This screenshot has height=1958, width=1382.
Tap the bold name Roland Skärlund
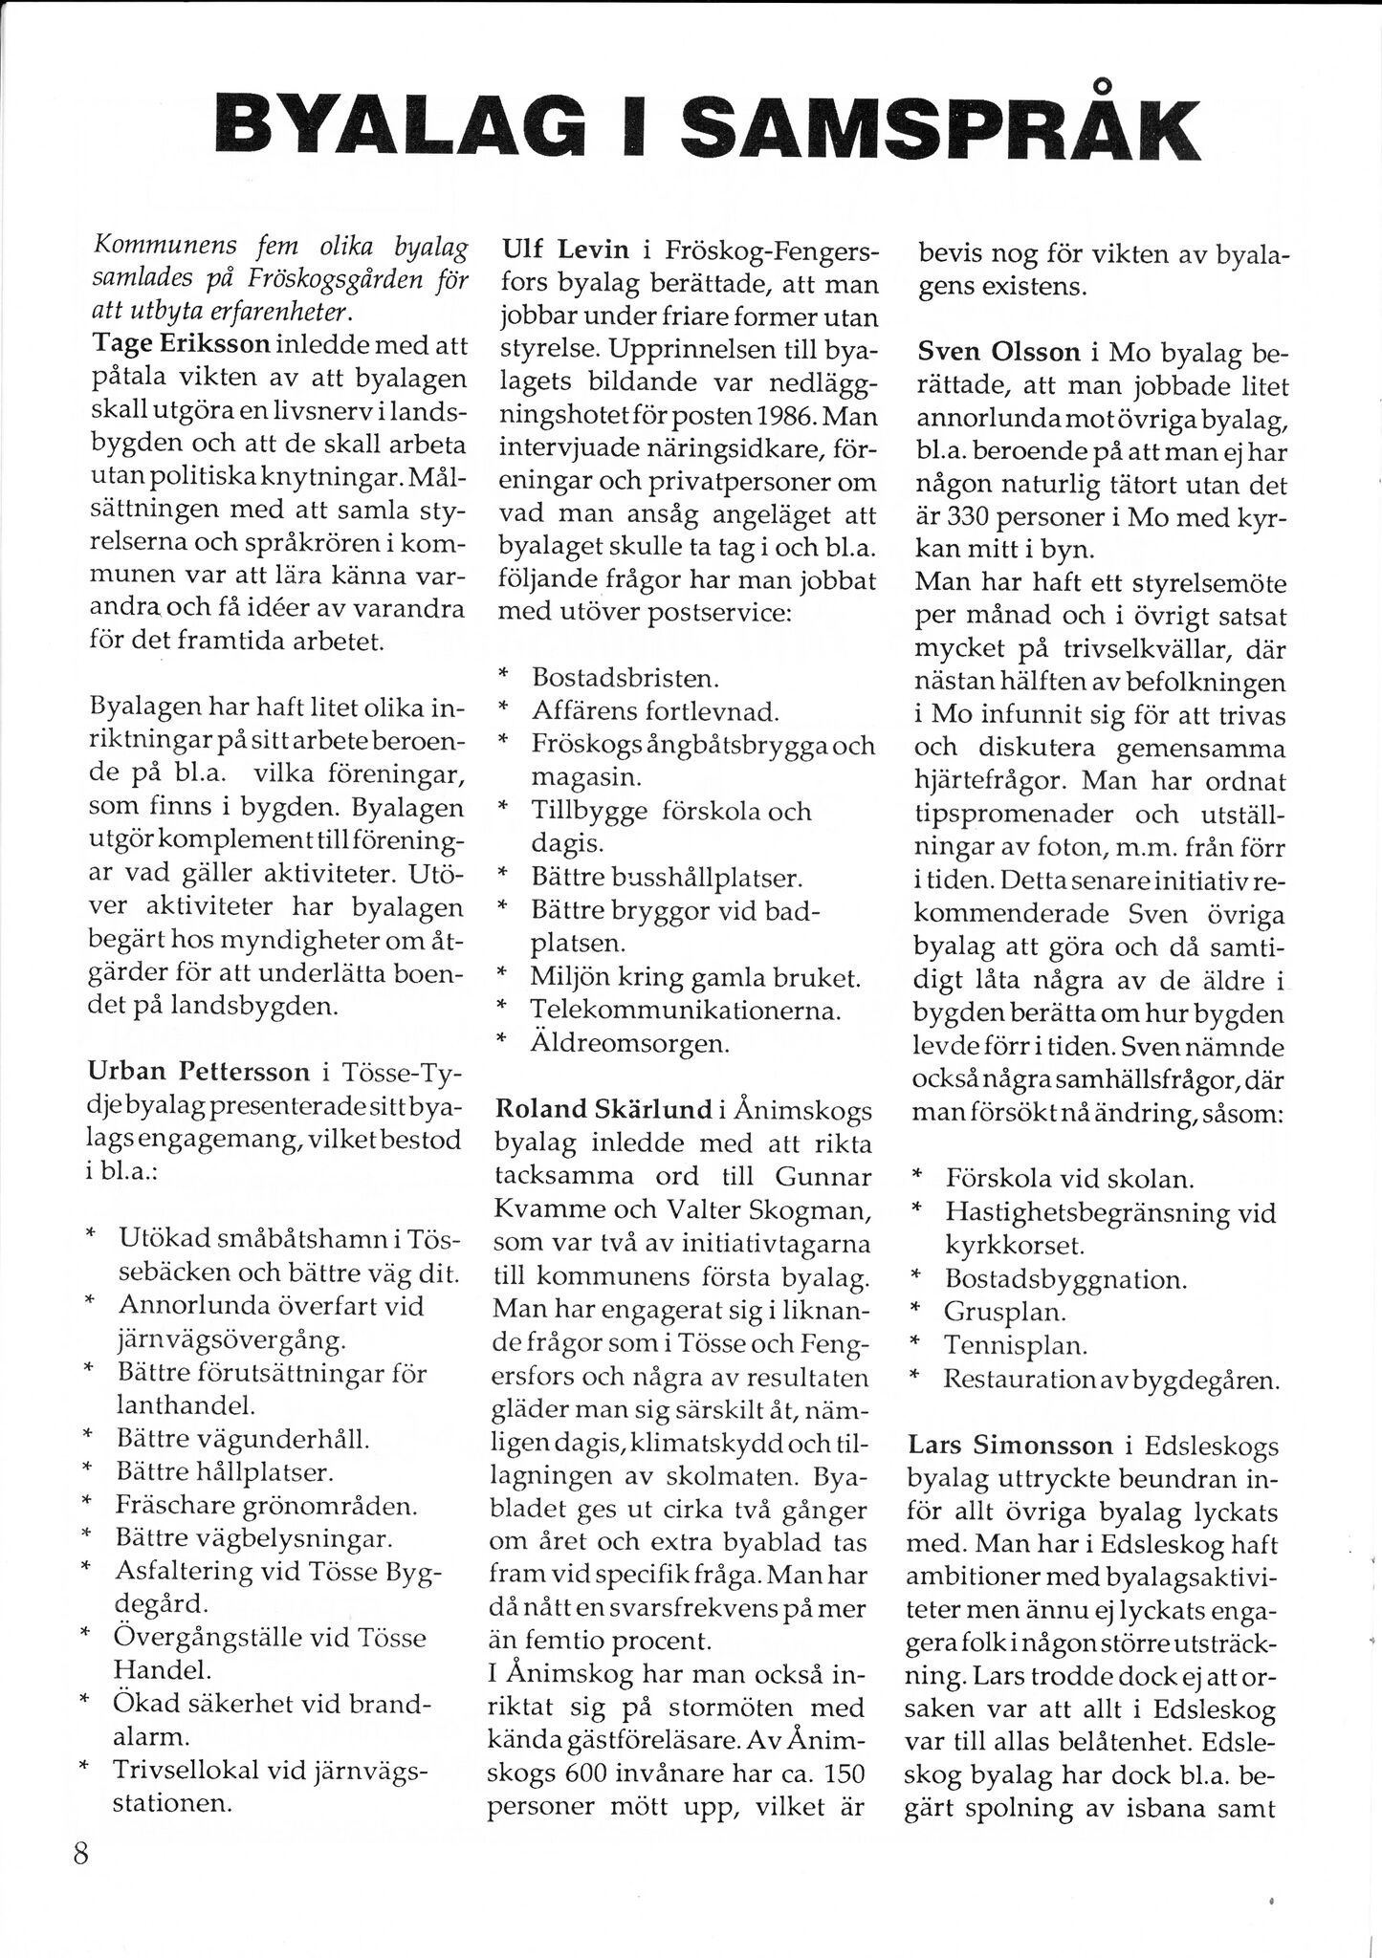tap(603, 1109)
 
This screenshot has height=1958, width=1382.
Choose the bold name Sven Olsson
tap(998, 352)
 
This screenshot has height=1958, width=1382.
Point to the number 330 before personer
tap(966, 517)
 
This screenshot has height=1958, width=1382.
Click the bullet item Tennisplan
tap(1016, 1345)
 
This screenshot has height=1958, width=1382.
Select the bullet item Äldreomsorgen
tap(630, 1043)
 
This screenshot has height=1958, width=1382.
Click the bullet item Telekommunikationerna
tap(686, 1011)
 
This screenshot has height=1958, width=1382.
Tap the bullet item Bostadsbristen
tap(625, 679)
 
